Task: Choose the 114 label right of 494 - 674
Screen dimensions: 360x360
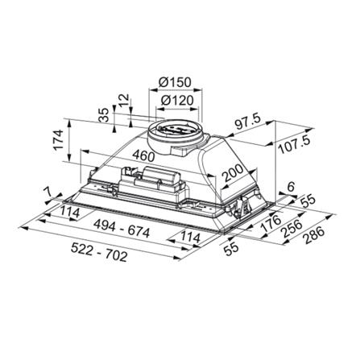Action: click(x=190, y=238)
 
